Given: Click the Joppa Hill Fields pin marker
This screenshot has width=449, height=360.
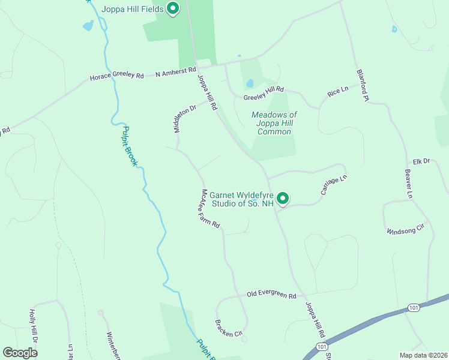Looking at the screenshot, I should (x=173, y=8).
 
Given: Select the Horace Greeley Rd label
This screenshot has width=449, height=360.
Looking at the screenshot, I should (x=117, y=76).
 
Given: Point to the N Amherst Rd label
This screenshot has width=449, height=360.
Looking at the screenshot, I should (x=176, y=72).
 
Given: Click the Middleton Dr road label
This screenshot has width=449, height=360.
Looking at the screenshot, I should (x=185, y=119).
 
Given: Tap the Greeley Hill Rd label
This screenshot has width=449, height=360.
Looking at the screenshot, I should (x=264, y=93).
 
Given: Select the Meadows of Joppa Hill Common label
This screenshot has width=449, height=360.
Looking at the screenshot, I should (x=274, y=123).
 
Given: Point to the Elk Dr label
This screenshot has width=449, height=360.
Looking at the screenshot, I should (x=422, y=161).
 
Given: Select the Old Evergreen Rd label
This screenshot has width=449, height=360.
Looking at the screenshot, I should (x=272, y=296).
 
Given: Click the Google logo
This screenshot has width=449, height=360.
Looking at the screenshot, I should (x=20, y=353).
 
